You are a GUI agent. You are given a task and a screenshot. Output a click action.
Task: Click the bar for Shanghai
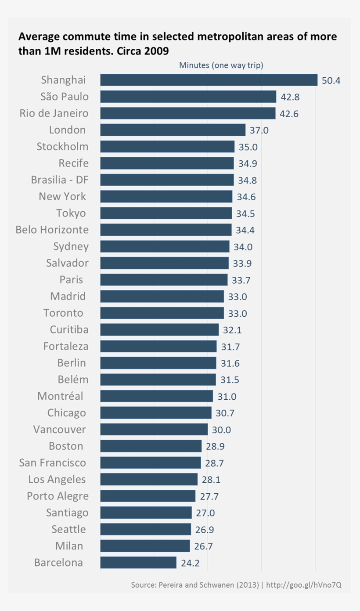click(x=209, y=80)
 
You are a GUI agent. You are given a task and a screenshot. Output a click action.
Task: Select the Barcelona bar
click(x=138, y=563)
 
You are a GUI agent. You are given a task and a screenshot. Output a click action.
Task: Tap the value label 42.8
click(x=290, y=97)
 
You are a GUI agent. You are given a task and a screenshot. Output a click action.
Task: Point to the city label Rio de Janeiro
click(x=54, y=113)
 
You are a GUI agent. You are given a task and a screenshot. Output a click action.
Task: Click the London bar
click(x=173, y=130)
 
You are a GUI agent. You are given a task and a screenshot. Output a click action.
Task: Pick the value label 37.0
click(x=259, y=130)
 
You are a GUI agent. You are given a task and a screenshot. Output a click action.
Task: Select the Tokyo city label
click(x=71, y=213)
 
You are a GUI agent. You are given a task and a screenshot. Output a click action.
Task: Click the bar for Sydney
click(x=165, y=246)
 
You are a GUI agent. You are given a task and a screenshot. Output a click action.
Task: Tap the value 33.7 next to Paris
click(x=241, y=280)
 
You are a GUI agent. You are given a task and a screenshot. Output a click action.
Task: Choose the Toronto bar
click(x=162, y=313)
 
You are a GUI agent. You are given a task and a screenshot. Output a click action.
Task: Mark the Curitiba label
click(x=69, y=329)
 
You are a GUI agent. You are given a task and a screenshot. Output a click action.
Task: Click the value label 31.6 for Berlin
click(x=230, y=363)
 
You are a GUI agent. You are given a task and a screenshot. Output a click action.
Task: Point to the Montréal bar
click(x=156, y=396)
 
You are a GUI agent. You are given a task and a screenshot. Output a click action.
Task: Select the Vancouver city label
click(x=60, y=429)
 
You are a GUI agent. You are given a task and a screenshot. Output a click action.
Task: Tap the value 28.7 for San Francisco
click(x=215, y=463)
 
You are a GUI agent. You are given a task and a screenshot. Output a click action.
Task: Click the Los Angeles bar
click(x=149, y=479)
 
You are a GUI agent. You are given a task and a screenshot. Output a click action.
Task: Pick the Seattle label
click(x=68, y=529)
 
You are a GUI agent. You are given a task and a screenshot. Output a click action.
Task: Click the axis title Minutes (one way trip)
click(x=221, y=65)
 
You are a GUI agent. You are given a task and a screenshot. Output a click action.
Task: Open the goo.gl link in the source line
click(x=303, y=586)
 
